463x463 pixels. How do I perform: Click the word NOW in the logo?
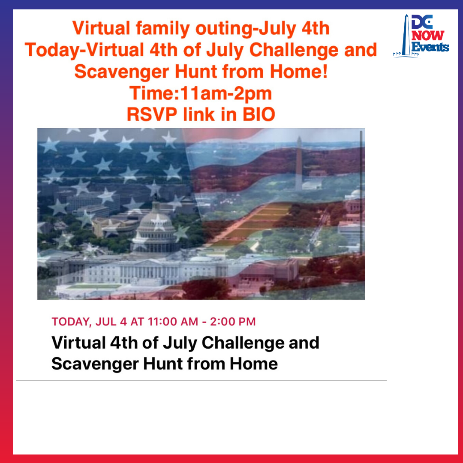[427, 36]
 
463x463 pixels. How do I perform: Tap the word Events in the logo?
[430, 47]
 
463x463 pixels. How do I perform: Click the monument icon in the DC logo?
[406, 36]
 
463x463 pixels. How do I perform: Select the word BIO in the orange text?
[259, 114]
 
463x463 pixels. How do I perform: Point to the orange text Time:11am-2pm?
[201, 93]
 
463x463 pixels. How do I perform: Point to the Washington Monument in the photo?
[299, 163]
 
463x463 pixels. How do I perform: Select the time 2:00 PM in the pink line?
[233, 322]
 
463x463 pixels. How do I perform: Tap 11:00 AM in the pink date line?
[173, 322]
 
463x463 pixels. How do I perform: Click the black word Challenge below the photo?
[243, 343]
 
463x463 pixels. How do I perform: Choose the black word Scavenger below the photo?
[95, 364]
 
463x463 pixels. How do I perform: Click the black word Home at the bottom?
[254, 364]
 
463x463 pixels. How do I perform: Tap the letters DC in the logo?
[422, 22]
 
